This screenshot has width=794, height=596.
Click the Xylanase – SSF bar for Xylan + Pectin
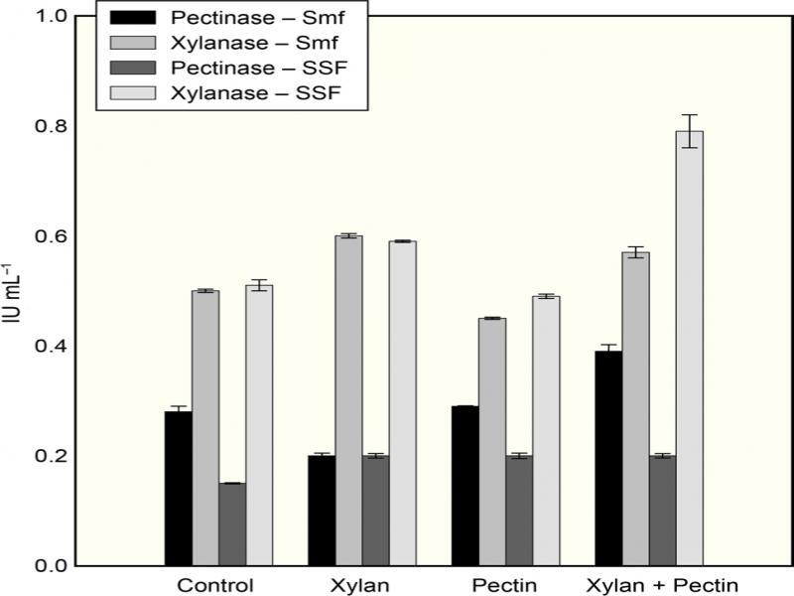689,348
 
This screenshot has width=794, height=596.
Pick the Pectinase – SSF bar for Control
232,523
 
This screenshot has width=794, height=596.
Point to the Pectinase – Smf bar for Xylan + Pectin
607,458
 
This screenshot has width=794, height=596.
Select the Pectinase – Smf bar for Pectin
464,486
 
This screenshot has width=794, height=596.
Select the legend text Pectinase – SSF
234,71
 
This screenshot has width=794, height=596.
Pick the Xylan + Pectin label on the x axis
662,584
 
